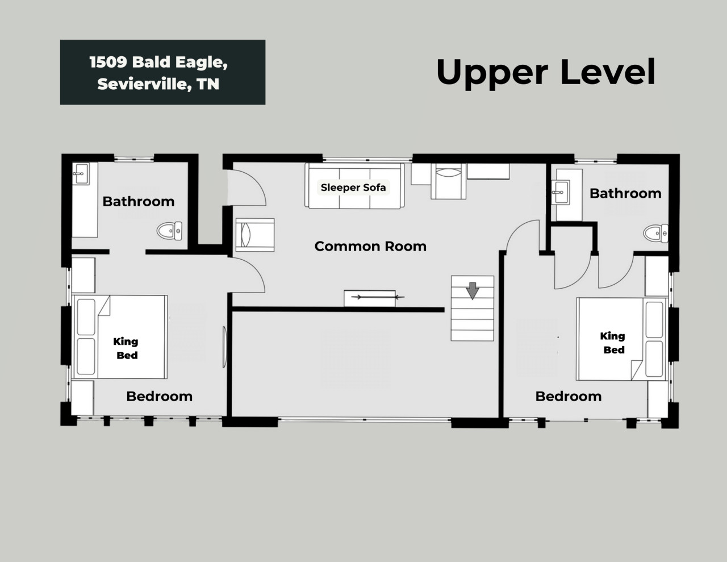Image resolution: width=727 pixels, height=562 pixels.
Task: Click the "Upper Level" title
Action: click(546, 72)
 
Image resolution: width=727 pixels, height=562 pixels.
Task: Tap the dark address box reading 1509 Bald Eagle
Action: click(162, 72)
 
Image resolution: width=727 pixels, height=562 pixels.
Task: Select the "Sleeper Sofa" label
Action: click(353, 188)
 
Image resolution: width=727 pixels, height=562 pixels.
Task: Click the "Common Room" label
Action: click(370, 247)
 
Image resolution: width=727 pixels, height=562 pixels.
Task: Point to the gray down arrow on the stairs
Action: click(473, 290)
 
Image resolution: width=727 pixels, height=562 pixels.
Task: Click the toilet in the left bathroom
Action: click(170, 231)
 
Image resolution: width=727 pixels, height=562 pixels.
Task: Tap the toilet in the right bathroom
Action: click(656, 234)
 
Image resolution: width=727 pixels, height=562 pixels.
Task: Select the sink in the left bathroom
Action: click(81, 174)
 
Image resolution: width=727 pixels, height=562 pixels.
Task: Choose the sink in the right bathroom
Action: click(561, 192)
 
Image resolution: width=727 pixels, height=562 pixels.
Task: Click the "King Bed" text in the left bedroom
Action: click(126, 348)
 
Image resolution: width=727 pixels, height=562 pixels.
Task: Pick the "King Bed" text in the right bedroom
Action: click(613, 343)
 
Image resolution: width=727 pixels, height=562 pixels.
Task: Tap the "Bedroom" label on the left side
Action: click(159, 396)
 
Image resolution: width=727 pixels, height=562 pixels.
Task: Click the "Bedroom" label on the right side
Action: click(569, 396)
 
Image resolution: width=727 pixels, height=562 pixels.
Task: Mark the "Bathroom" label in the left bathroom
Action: click(139, 202)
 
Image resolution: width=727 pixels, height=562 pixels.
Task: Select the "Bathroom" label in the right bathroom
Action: click(625, 193)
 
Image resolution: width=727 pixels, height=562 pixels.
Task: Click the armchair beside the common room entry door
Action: click(255, 235)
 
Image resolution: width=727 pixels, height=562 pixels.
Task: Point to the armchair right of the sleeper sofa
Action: click(448, 181)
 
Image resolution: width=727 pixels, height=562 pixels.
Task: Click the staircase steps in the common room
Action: click(473, 309)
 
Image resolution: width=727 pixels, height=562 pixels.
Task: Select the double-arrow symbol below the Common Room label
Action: click(378, 297)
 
